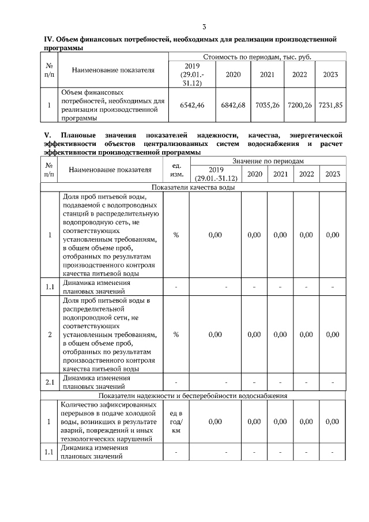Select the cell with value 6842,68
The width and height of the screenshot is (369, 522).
click(x=233, y=105)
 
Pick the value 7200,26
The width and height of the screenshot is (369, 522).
click(x=299, y=105)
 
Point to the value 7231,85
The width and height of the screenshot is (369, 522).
click(x=330, y=105)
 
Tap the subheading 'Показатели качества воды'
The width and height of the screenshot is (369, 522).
click(x=192, y=187)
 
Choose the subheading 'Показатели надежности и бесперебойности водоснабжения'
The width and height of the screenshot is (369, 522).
click(x=192, y=396)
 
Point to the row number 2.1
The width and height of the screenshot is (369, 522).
click(x=49, y=382)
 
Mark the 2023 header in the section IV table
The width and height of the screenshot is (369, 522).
click(x=330, y=75)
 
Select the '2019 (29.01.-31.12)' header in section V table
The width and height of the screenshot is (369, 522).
click(x=216, y=174)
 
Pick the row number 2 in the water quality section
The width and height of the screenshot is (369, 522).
click(x=49, y=334)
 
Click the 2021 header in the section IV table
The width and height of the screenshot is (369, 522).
click(x=267, y=75)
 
